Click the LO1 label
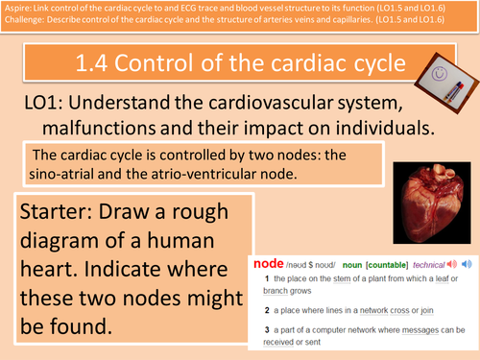pos(45,104)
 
